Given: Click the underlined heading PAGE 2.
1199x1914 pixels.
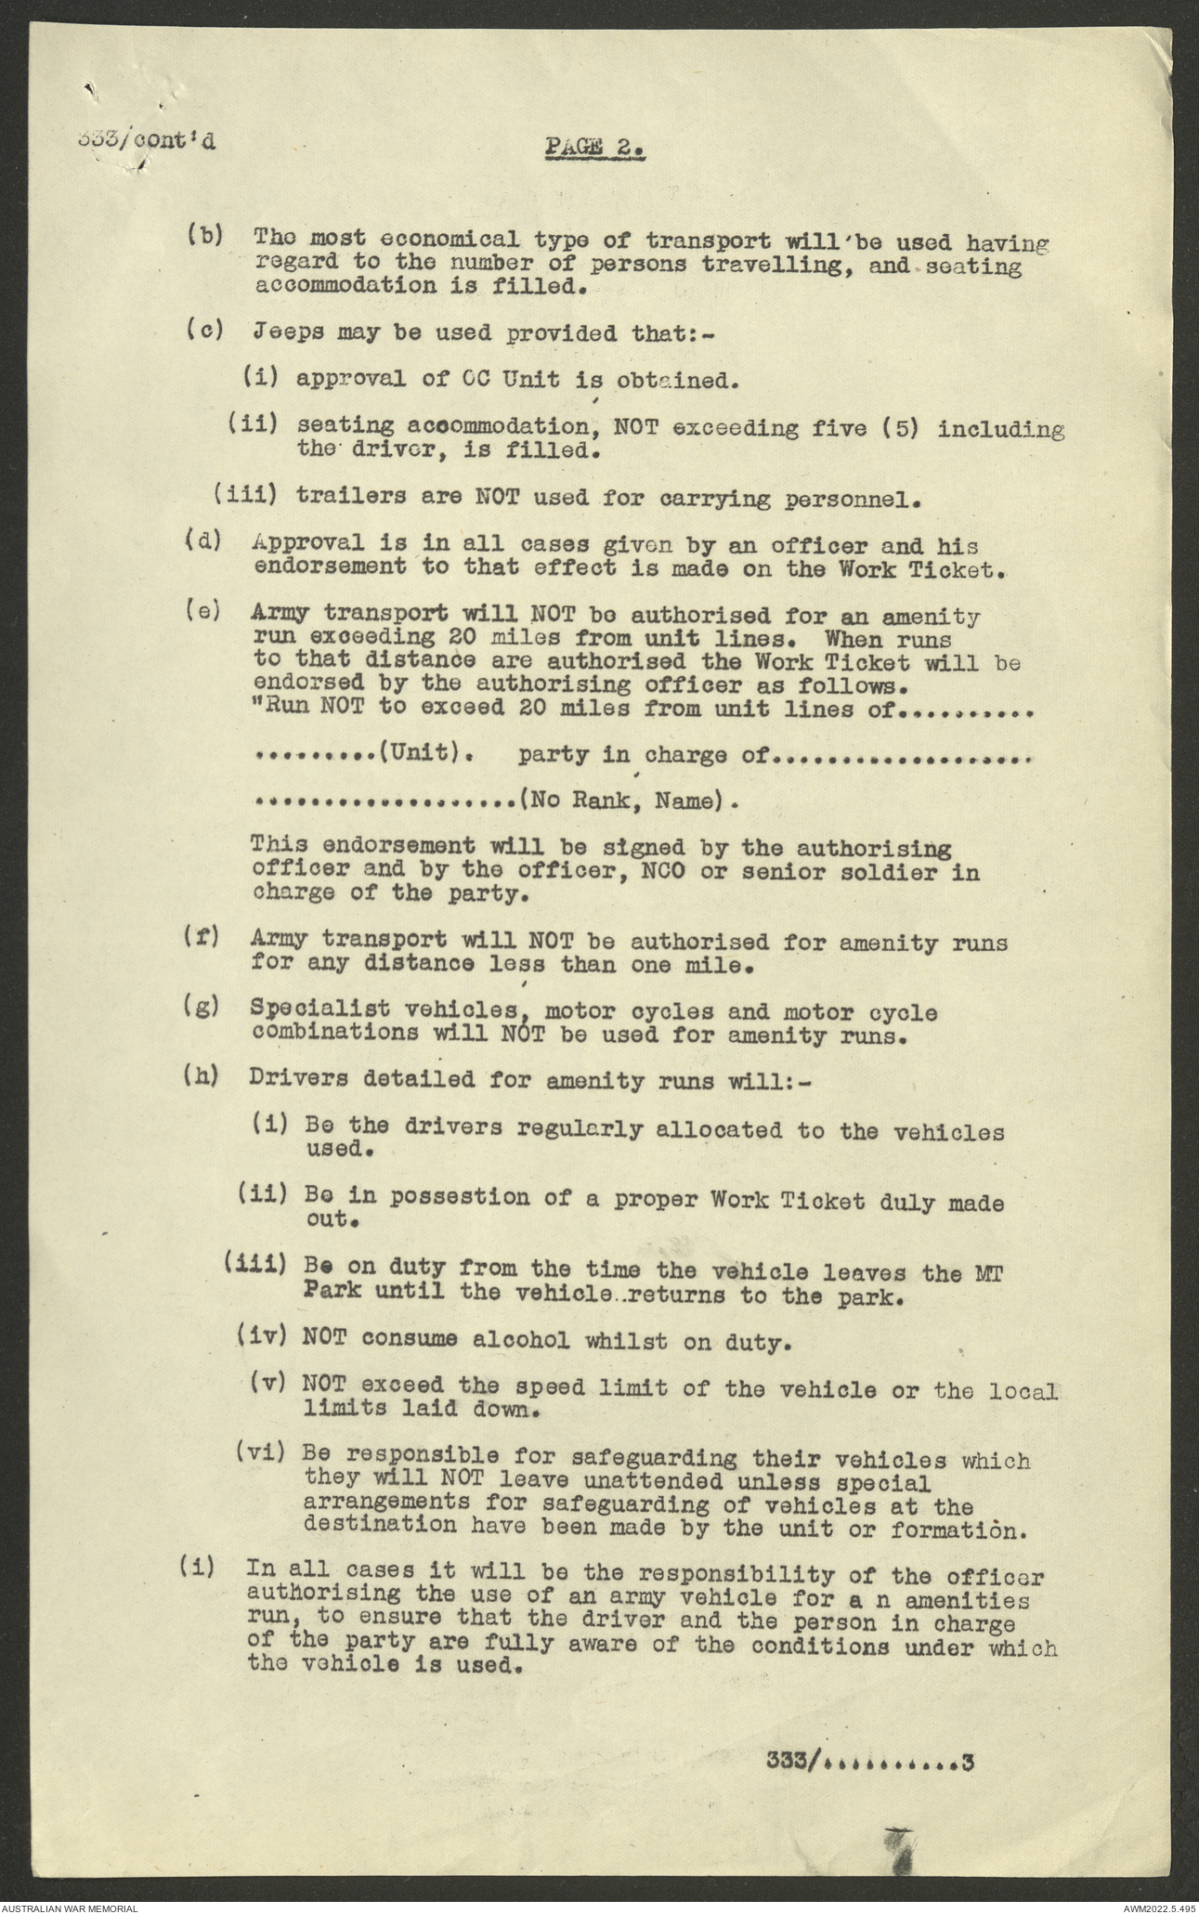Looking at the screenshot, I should click(594, 147).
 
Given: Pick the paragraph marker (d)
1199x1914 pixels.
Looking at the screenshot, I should click(204, 542).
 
